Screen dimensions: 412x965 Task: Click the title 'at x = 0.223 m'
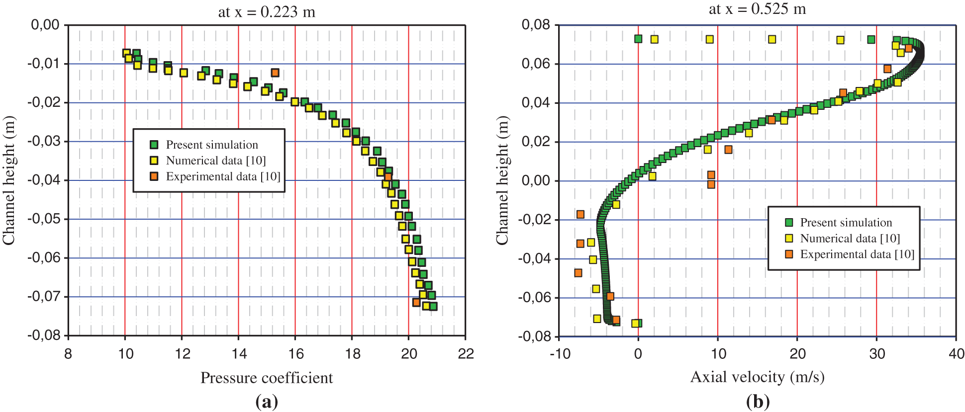(267, 11)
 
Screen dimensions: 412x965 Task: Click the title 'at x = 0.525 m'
(757, 9)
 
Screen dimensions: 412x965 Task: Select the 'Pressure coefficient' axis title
(267, 378)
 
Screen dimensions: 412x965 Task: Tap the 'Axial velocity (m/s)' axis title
(757, 377)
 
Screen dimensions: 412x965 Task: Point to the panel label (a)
(267, 401)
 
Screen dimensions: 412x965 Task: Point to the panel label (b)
(758, 401)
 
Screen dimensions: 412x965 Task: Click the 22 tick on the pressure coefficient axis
(466, 354)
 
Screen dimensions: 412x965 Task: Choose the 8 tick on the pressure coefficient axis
(68, 354)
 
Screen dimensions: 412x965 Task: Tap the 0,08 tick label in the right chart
(536, 24)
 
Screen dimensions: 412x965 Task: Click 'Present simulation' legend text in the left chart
(212, 145)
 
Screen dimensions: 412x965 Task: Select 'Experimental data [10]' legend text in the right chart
(857, 254)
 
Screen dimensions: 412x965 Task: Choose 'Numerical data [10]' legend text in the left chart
(216, 161)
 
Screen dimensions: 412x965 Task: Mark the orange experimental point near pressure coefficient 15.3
(275, 73)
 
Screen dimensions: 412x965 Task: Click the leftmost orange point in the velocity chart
(578, 273)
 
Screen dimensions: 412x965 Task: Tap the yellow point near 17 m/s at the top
(772, 39)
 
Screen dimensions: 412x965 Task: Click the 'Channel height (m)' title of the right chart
(502, 180)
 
